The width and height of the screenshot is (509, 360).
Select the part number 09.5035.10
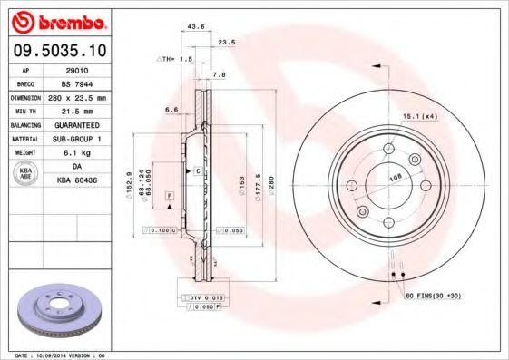click(x=56, y=53)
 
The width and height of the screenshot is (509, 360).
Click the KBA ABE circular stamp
click(x=26, y=174)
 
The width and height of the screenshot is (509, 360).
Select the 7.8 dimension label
click(x=219, y=74)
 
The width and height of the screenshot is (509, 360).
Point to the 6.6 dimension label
click(x=171, y=111)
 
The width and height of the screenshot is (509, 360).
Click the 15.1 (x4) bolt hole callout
click(x=420, y=115)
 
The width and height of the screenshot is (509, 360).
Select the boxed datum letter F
click(x=169, y=197)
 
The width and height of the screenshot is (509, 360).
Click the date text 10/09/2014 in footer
click(x=59, y=355)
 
